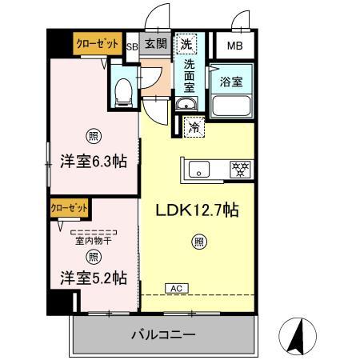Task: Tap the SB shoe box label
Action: [x=133, y=46]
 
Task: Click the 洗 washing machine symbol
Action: [x=186, y=45]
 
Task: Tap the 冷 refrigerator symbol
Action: [x=194, y=126]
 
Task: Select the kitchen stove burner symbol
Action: [x=239, y=169]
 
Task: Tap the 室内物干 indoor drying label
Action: [x=93, y=241]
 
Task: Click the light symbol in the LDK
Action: [x=196, y=241]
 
